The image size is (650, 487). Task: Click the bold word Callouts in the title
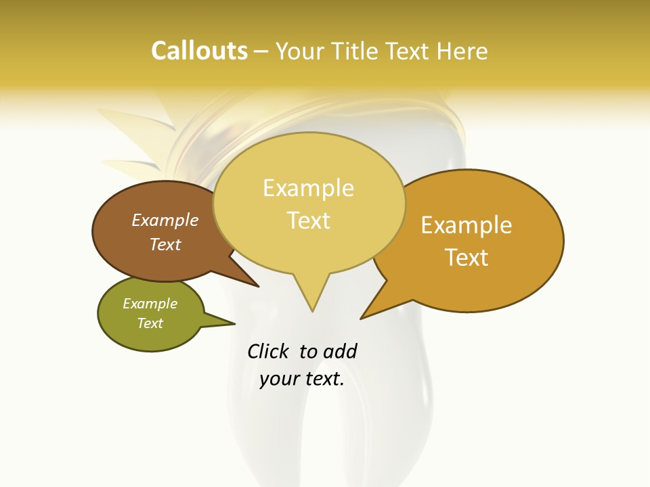click(x=199, y=51)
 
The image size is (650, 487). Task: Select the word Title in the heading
click(x=355, y=51)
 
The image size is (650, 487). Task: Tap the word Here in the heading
click(x=462, y=51)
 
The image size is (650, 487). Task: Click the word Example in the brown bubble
click(x=165, y=220)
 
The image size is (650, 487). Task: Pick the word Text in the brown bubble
click(x=165, y=244)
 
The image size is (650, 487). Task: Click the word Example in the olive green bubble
click(x=150, y=304)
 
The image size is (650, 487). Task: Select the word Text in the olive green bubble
click(x=150, y=323)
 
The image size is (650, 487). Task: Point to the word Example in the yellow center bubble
click(x=309, y=188)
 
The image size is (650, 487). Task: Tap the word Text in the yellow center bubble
click(x=309, y=221)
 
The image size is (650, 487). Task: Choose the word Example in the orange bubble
click(x=467, y=225)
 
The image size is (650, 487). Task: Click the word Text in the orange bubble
click(x=467, y=258)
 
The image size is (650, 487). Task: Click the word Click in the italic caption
click(x=269, y=351)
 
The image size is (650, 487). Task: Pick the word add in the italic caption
click(x=340, y=351)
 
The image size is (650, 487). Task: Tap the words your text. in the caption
click(x=302, y=379)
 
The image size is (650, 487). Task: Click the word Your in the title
click(x=301, y=51)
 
